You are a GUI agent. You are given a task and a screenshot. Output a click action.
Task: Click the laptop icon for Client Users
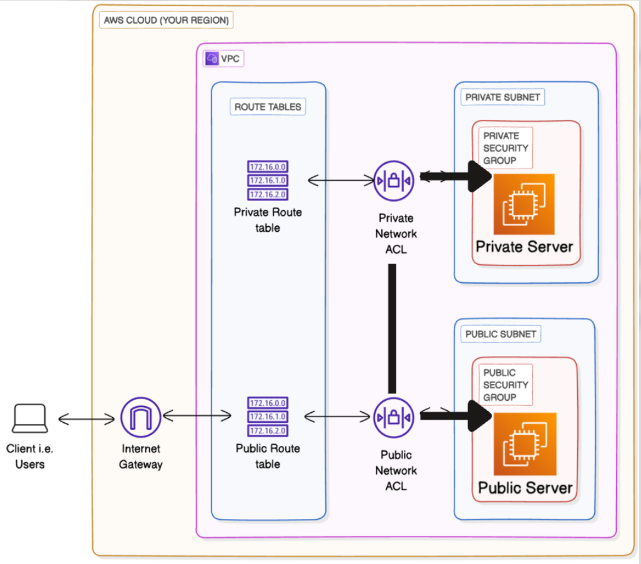click(30, 418)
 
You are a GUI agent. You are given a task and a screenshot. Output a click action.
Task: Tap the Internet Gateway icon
click(140, 418)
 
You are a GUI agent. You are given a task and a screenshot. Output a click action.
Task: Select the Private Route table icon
click(268, 180)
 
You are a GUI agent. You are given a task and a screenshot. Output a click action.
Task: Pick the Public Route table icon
click(268, 417)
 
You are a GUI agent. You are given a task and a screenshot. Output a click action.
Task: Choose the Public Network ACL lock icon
click(394, 417)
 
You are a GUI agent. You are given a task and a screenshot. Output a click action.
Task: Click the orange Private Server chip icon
click(524, 204)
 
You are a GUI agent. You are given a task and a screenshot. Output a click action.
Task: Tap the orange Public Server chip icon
click(524, 443)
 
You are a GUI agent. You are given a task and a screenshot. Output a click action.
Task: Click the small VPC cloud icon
click(212, 59)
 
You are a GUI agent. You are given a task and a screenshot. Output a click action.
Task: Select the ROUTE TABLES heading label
click(268, 107)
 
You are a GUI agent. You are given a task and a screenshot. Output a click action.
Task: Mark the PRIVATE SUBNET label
click(502, 97)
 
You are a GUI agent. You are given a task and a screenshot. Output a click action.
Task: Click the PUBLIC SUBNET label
click(501, 334)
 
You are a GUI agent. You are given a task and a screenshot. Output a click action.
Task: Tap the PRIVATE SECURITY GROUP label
click(506, 148)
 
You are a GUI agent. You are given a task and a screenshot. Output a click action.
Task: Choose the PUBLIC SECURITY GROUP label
click(506, 385)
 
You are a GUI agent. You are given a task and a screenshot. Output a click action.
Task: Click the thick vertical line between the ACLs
click(393, 329)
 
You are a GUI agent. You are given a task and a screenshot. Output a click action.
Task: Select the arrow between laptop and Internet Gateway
click(86, 418)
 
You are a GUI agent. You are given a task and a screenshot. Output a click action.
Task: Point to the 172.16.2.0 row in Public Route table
click(268, 430)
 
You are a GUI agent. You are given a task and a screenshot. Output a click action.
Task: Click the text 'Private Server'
click(524, 247)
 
